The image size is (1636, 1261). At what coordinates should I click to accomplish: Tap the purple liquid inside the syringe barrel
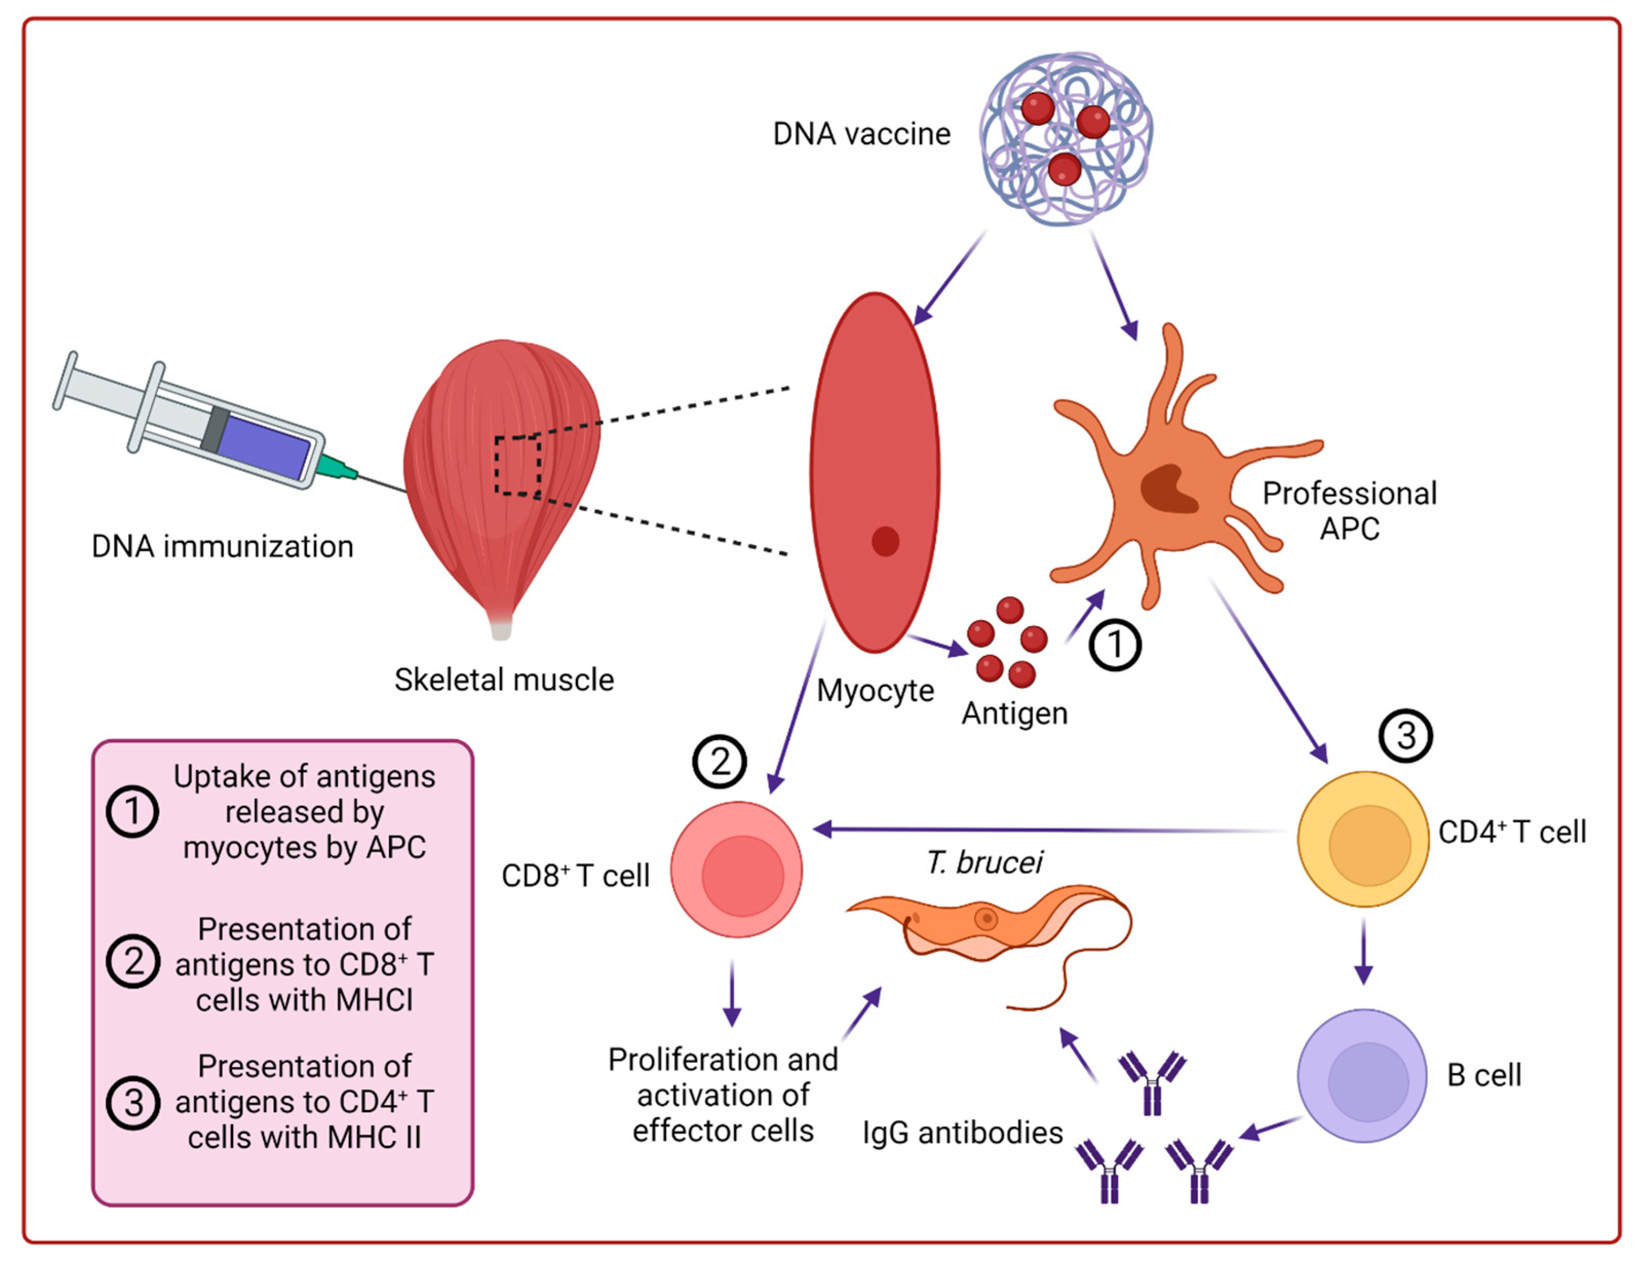264,447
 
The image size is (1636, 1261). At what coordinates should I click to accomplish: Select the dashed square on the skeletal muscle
517,464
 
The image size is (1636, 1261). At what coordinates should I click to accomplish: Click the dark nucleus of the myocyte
885,541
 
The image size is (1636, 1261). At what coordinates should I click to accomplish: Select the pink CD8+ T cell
736,869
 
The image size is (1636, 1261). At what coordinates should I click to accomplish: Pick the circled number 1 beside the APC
1115,645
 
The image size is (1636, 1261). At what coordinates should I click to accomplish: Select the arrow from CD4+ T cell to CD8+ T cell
1049,829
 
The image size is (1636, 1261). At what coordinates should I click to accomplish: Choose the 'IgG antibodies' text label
963,1133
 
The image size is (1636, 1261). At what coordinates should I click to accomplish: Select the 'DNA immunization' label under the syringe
223,547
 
